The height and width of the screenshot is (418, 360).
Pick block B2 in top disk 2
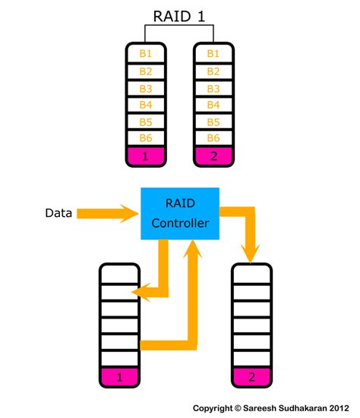[x=213, y=71]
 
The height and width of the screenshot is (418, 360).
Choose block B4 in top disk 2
[x=213, y=105]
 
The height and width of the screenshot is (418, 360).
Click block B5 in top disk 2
[x=213, y=122]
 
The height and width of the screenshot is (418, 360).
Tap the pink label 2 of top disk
[x=213, y=157]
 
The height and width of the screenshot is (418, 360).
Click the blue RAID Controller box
[x=179, y=213]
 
